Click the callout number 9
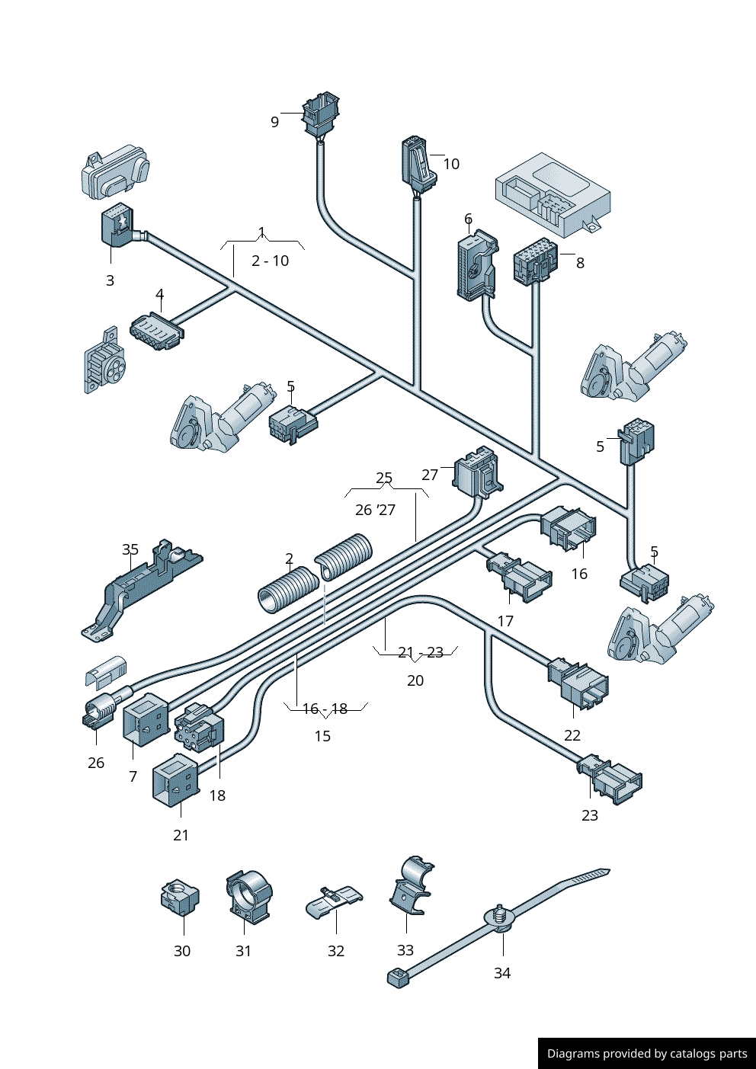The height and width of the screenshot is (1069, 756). pyautogui.click(x=274, y=122)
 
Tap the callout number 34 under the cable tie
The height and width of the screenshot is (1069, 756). pyautogui.click(x=501, y=973)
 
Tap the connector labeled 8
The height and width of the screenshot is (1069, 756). pyautogui.click(x=535, y=260)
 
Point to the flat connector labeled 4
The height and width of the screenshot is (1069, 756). pyautogui.click(x=156, y=331)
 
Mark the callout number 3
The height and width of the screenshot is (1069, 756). pyautogui.click(x=110, y=280)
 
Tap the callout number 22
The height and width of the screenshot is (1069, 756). pyautogui.click(x=572, y=735)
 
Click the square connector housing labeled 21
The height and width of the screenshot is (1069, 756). pyautogui.click(x=175, y=779)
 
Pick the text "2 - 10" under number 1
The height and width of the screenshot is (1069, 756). pyautogui.click(x=270, y=261)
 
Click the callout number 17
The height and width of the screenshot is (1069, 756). pyautogui.click(x=505, y=621)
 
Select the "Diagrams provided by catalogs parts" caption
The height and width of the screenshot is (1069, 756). pyautogui.click(x=647, y=1054)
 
